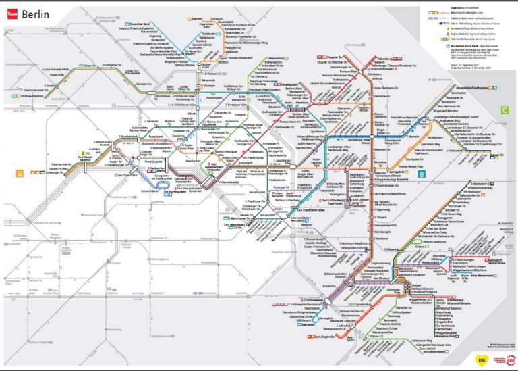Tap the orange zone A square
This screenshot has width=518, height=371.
(x=20, y=174)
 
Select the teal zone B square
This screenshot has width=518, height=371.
(x=422, y=174)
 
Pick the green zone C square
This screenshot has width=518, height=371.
(x=504, y=109)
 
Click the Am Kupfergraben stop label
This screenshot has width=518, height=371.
(x=171, y=191)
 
